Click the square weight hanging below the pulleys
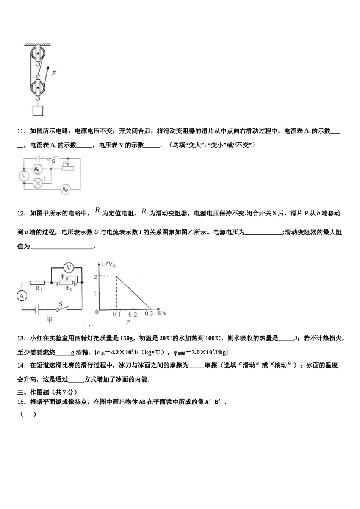pyautogui.click(x=38, y=110)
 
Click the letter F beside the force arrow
pyautogui.click(x=54, y=73)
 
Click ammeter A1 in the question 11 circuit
pyautogui.click(x=37, y=169)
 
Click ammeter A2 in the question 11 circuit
pyautogui.click(x=65, y=189)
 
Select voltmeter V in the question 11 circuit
pyautogui.click(x=23, y=176)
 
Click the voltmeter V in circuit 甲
pyautogui.click(x=69, y=268)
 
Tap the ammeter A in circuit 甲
pyautogui.click(x=22, y=296)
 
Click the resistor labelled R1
pyautogui.click(x=38, y=283)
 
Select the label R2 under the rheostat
pyautogui.click(x=68, y=289)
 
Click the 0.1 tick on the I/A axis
pyautogui.click(x=117, y=314)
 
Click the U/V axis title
pyautogui.click(x=107, y=264)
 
